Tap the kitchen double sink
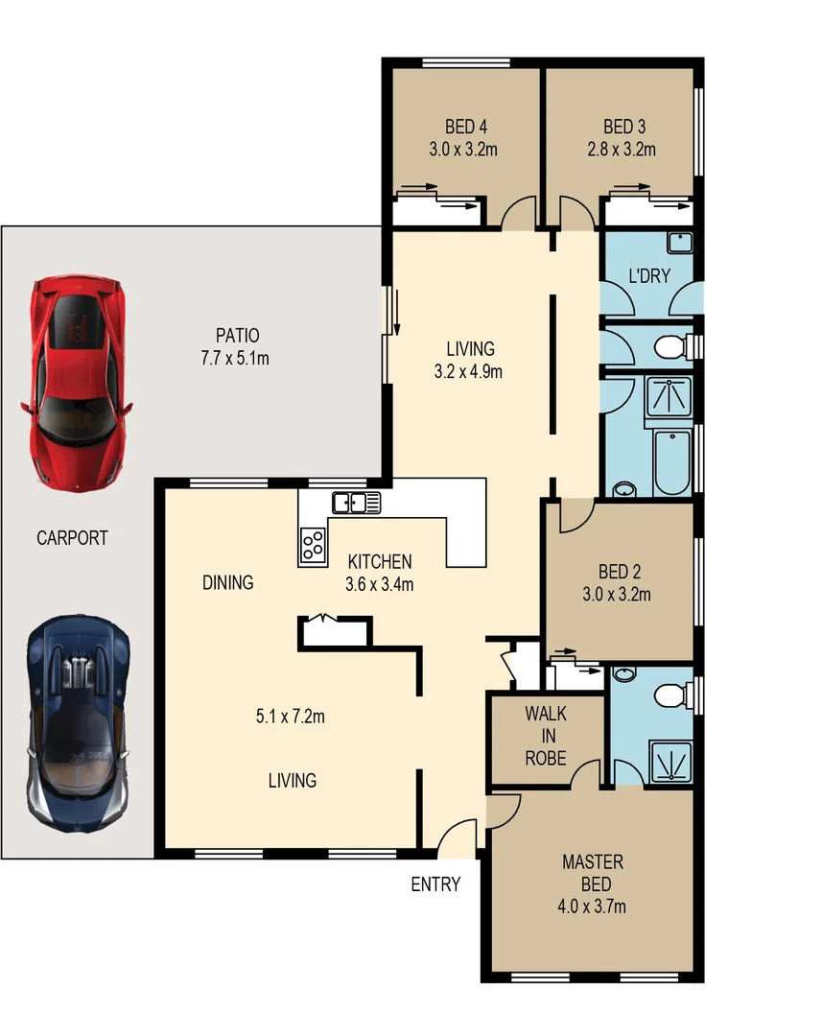point(356,502)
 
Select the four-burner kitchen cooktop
point(312,546)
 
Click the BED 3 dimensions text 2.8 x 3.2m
point(621,149)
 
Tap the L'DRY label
point(648,276)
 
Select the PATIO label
point(237,336)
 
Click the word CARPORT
point(72,538)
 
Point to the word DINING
point(227,582)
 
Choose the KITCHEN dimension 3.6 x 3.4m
point(380,584)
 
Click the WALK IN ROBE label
point(545,736)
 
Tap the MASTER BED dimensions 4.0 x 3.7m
point(592,906)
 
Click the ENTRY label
point(435,884)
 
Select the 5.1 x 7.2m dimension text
point(292,716)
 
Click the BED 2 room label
point(617,572)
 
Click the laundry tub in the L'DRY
point(680,244)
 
